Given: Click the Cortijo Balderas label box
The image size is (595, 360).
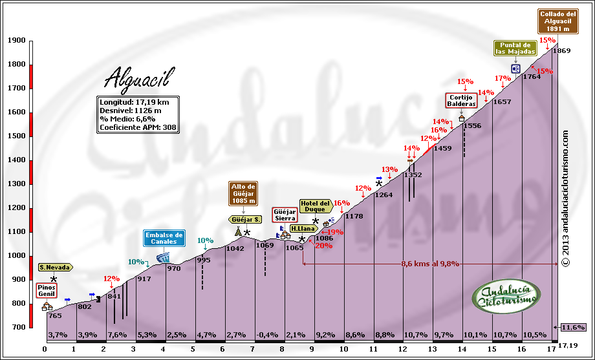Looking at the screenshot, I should point(461,100).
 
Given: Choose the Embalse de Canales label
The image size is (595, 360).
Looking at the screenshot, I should point(165,238).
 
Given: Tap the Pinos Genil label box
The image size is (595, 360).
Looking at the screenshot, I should point(47,290).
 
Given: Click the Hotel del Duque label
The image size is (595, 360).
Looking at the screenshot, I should point(316,206).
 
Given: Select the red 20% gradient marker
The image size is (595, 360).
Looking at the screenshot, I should point(323,245).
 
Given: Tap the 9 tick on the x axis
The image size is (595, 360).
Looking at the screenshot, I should point(312,350).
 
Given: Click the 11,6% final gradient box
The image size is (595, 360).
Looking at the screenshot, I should point(573,327).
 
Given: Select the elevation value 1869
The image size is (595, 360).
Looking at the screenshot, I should point(562,50).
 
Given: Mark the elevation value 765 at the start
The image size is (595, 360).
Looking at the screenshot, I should point(55,315).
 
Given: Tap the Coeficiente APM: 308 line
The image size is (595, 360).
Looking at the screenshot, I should point(138,127).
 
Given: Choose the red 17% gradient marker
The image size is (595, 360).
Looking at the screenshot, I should point(502,79).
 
